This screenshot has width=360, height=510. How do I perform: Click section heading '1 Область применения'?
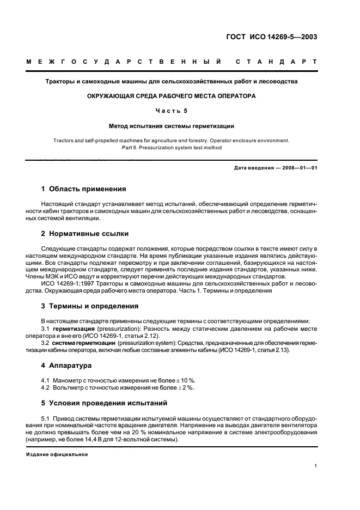(x=84, y=189)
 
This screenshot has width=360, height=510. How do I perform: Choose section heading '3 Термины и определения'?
(x=90, y=306)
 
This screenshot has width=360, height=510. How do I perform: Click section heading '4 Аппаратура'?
(x=66, y=365)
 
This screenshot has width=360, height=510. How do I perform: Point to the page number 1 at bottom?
(x=315, y=466)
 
